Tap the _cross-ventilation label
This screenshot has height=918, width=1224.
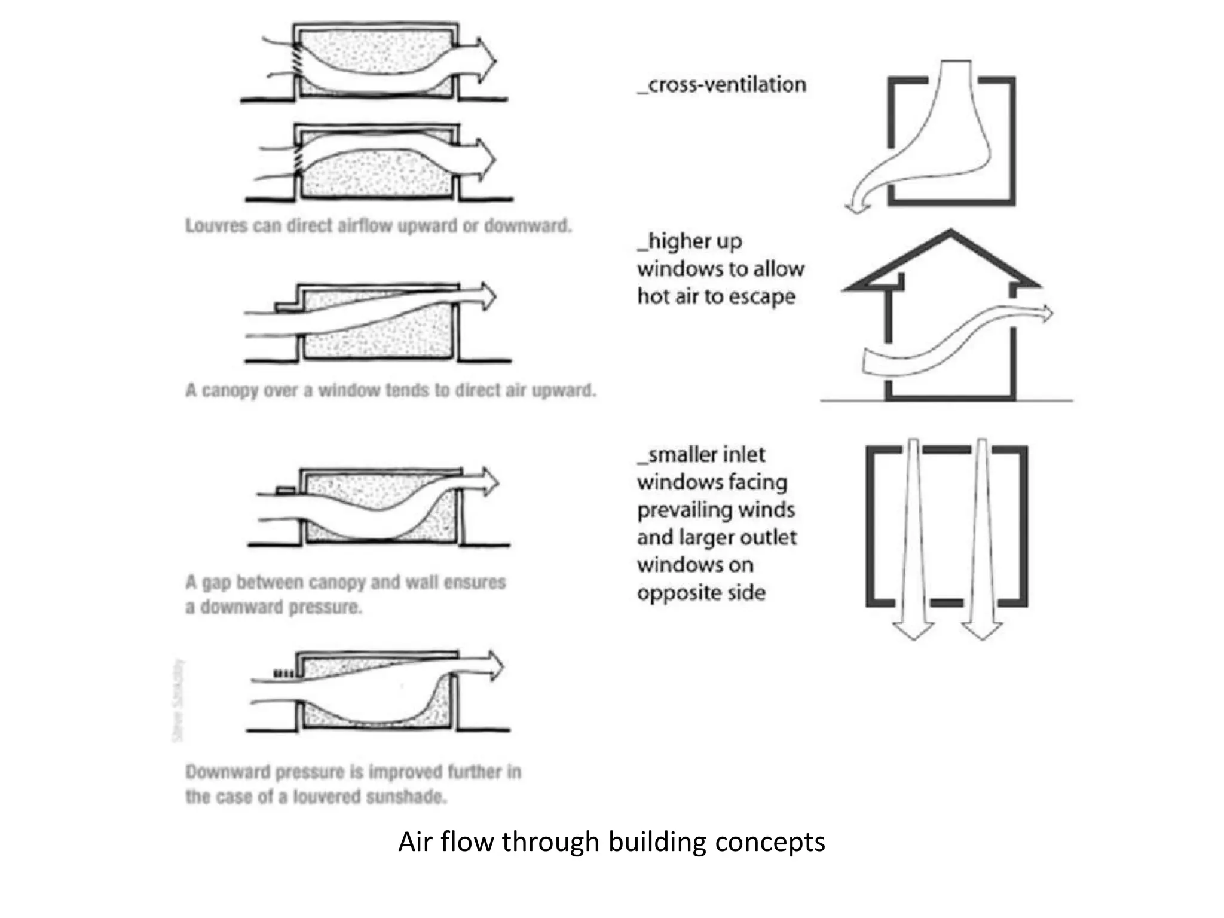click(x=722, y=85)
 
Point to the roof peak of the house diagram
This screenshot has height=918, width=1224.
click(x=950, y=232)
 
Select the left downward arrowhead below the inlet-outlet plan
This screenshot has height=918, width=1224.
click(x=913, y=631)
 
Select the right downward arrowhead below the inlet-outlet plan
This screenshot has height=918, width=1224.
click(x=981, y=631)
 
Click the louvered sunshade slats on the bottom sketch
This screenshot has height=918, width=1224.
click(x=283, y=674)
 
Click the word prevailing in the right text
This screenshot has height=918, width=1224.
click(x=675, y=510)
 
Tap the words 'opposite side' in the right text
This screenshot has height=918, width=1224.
click(x=700, y=593)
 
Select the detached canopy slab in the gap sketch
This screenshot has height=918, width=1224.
click(x=286, y=490)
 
